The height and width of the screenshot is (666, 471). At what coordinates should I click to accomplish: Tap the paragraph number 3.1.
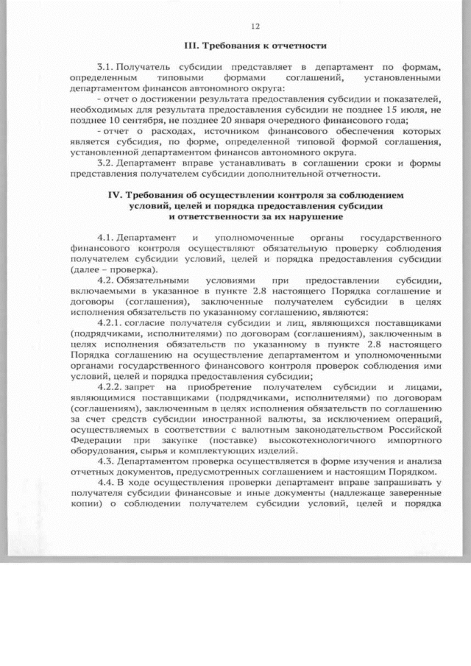click(106, 67)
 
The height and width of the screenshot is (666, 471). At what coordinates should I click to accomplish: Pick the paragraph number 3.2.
click(106, 163)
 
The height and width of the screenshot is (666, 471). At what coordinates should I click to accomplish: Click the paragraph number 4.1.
click(106, 238)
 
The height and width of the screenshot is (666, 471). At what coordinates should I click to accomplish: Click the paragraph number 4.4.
click(106, 483)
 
